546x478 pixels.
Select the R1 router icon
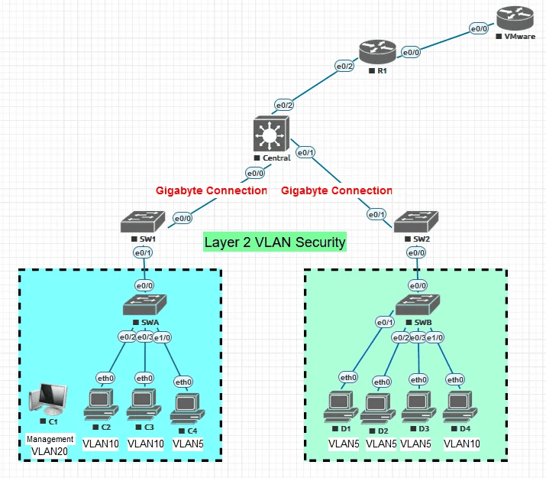(378, 52)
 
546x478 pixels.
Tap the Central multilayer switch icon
(268, 136)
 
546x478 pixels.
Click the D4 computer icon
(459, 405)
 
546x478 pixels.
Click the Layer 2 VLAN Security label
(275, 242)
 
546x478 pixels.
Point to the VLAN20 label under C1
(50, 451)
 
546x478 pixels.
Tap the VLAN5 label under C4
(187, 443)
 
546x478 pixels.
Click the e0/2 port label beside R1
(345, 67)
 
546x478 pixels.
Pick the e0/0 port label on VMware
(479, 28)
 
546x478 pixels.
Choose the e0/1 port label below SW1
(143, 252)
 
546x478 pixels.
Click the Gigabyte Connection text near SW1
(212, 190)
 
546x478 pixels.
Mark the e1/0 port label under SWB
(435, 337)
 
